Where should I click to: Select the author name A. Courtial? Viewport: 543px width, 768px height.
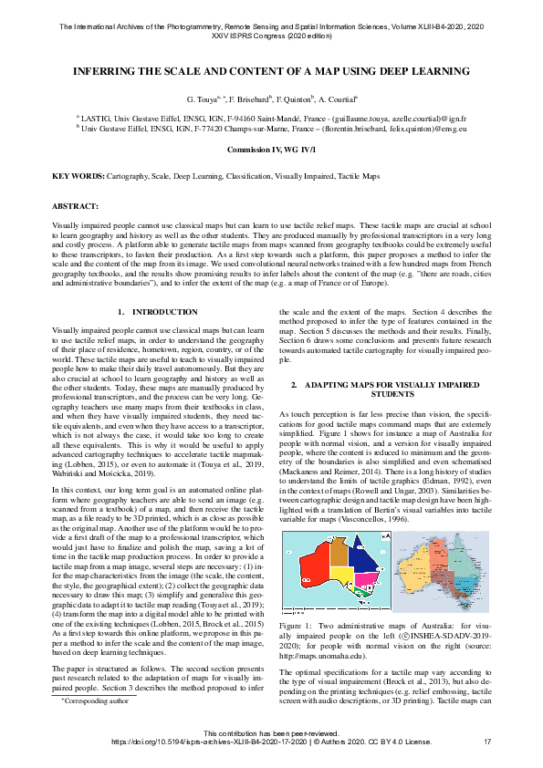pos(338,98)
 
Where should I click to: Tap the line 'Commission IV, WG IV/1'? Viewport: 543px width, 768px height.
pos(271,148)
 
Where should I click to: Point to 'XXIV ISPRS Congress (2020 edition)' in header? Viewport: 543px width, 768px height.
pos(271,37)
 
